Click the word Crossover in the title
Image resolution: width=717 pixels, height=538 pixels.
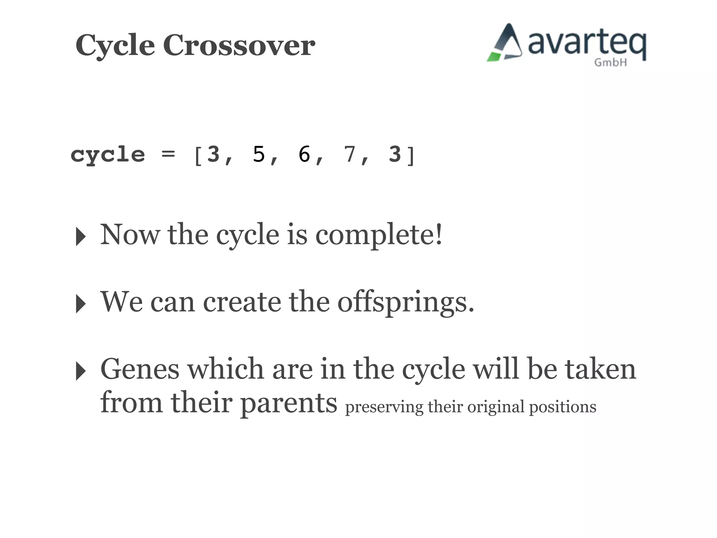239,46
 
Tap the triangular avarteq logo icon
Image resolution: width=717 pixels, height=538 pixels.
505,43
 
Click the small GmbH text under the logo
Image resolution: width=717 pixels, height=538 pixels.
610,63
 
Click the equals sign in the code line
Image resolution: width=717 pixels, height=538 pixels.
168,154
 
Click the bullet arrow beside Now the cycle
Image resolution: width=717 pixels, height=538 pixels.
81,236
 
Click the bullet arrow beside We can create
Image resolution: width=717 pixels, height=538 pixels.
81,304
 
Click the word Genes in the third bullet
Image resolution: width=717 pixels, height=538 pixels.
140,369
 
